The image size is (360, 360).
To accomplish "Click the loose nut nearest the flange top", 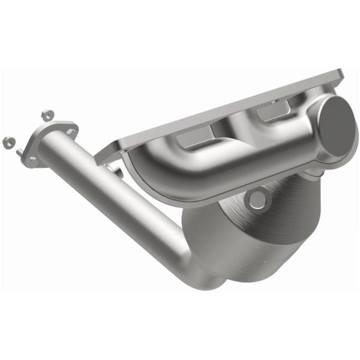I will [x=46, y=114].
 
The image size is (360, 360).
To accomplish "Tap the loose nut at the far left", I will [x=8, y=142].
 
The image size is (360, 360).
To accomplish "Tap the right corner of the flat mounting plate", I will [x=340, y=77].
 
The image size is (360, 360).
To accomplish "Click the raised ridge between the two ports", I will [x=234, y=129].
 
